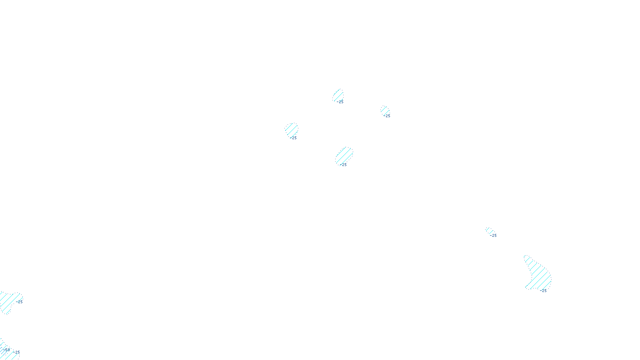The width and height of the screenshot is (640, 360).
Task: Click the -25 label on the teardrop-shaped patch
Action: [544, 291]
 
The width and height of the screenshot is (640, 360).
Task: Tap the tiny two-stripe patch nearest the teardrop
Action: [489, 231]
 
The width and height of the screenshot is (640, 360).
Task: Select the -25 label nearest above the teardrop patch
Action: [494, 236]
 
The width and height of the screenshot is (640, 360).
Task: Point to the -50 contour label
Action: [6, 350]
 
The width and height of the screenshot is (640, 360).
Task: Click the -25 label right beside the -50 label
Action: [17, 352]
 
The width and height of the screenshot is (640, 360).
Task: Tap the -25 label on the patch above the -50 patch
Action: [19, 302]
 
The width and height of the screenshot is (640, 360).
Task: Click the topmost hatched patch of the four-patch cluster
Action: [338, 95]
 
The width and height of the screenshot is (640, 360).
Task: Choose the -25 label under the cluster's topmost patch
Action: [340, 102]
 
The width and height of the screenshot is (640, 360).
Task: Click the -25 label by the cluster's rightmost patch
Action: [387, 116]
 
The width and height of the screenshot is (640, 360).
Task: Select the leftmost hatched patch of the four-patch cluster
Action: [291, 130]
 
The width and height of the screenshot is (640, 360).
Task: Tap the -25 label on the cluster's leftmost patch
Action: [294, 138]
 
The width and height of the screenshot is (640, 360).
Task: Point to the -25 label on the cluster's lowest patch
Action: [344, 165]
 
